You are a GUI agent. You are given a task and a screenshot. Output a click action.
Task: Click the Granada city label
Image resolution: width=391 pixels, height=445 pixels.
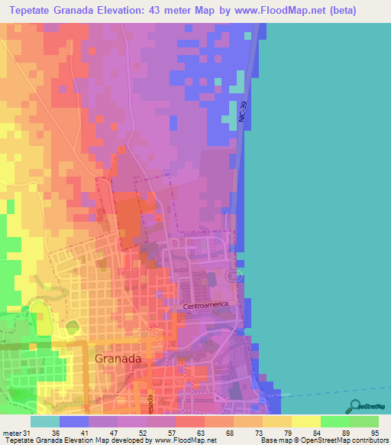(118, 358)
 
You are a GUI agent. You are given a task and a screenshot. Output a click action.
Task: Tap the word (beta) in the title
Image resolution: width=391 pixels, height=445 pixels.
(360, 11)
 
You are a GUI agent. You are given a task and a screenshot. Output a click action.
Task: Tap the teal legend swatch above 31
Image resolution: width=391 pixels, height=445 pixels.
(45, 421)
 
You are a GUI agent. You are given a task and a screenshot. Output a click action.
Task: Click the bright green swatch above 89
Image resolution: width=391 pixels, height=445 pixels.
(335, 421)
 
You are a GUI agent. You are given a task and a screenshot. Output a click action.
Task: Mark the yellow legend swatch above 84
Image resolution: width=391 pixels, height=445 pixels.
(306, 421)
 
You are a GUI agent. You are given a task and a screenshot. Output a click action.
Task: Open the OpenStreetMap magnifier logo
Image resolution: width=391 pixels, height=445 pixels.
(354, 406)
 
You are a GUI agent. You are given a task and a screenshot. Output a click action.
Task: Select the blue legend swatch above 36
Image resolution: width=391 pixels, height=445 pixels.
(74, 421)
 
